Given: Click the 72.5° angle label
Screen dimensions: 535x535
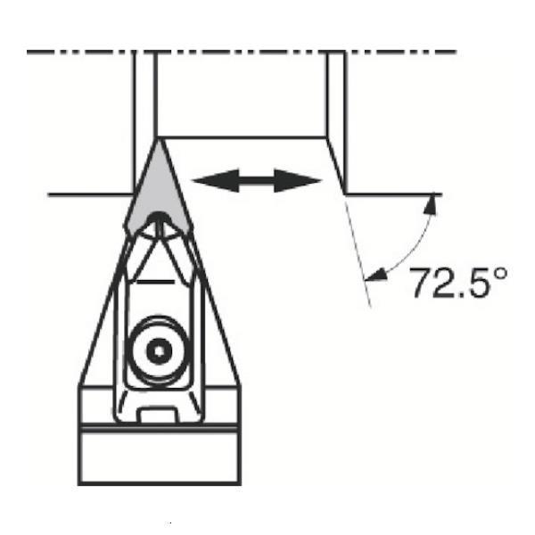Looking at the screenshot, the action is pyautogui.click(x=458, y=282).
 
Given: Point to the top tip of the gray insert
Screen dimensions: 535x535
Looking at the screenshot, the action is pyautogui.click(x=158, y=139).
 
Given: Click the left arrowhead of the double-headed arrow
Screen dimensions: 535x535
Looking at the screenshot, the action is pyautogui.click(x=216, y=180).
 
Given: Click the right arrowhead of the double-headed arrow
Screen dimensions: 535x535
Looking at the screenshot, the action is pyautogui.click(x=298, y=180).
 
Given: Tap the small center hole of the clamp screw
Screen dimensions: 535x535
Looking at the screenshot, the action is pyautogui.click(x=159, y=350).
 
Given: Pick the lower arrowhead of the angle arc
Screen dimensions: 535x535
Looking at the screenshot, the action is pyautogui.click(x=375, y=275).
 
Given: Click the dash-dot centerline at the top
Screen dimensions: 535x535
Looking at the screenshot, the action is pyautogui.click(x=242, y=52).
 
